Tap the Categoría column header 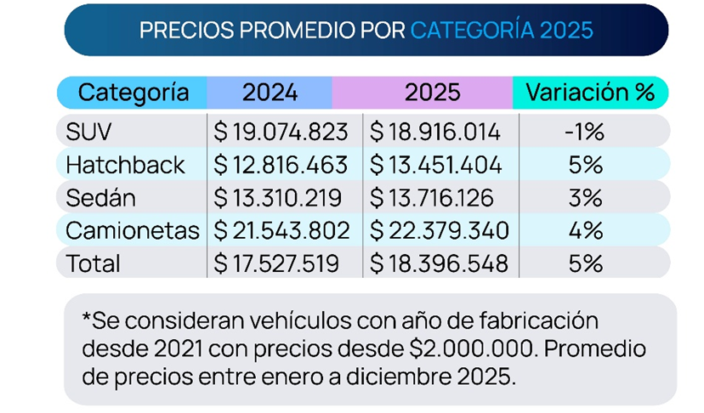click(133, 92)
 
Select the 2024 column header click(270, 92)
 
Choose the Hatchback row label click(125, 165)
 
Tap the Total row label click(94, 263)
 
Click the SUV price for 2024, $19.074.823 click(281, 132)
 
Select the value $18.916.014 click(439, 132)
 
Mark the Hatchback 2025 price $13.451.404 click(439, 165)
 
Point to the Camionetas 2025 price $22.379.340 click(439, 230)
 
